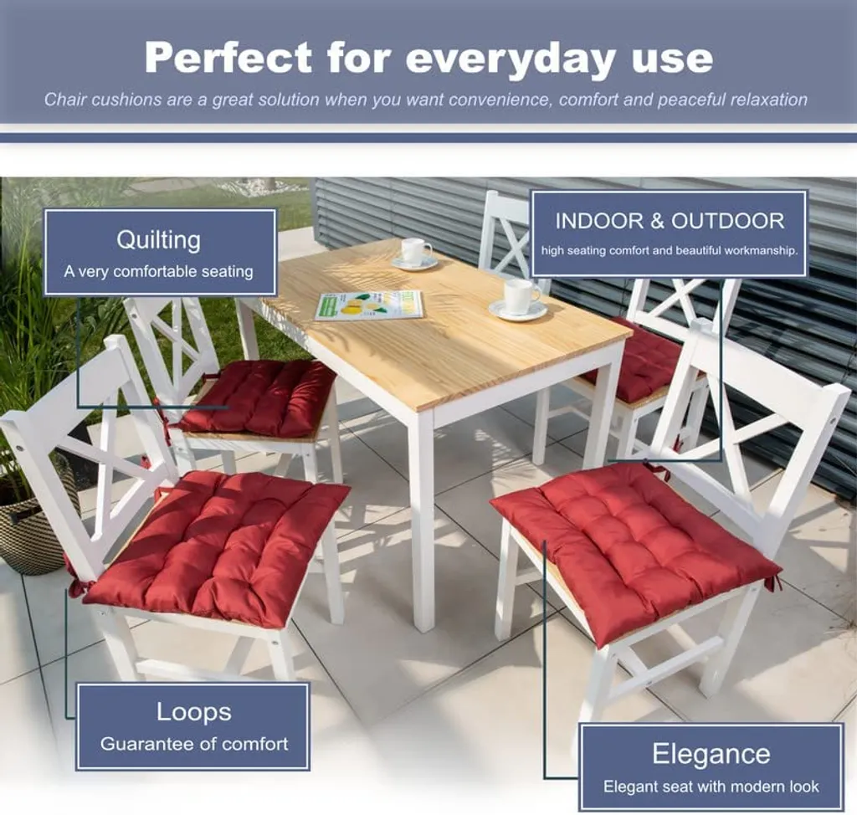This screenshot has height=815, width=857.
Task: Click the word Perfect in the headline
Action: (228, 58)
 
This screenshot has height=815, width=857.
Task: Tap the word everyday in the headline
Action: (511, 60)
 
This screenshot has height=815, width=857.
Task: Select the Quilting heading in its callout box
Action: (158, 240)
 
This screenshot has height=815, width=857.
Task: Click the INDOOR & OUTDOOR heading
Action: (670, 221)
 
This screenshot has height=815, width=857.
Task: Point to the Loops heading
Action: (194, 713)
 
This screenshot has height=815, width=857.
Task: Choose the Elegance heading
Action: (711, 755)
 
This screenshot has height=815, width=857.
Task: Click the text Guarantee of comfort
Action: (194, 744)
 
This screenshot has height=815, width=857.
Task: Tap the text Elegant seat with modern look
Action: (711, 787)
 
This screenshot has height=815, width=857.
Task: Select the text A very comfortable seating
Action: (158, 272)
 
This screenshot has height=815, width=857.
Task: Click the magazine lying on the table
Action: (369, 305)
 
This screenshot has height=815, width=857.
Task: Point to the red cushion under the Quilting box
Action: (257, 397)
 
